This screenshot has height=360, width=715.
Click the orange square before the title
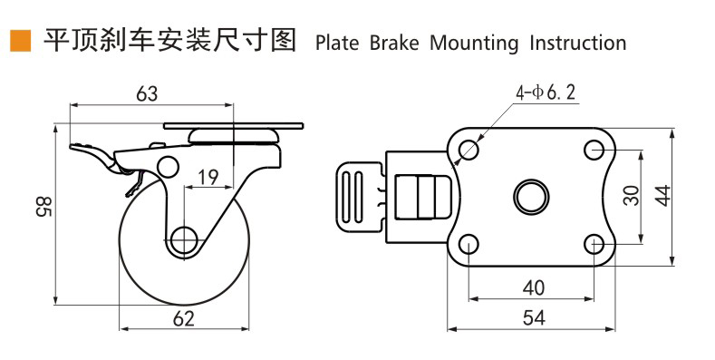pyautogui.click(x=21, y=41)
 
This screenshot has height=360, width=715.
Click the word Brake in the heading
pyautogui.click(x=394, y=43)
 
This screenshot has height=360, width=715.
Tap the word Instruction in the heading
pyautogui.click(x=578, y=43)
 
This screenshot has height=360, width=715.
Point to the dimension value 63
pyautogui.click(x=147, y=93)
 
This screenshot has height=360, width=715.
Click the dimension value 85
pyautogui.click(x=44, y=206)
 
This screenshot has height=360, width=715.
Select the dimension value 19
pyautogui.click(x=208, y=177)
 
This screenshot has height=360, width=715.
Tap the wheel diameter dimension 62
pyautogui.click(x=184, y=318)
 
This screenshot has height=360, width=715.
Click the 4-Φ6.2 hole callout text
pyautogui.click(x=546, y=92)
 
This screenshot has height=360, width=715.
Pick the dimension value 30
pyautogui.click(x=632, y=195)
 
